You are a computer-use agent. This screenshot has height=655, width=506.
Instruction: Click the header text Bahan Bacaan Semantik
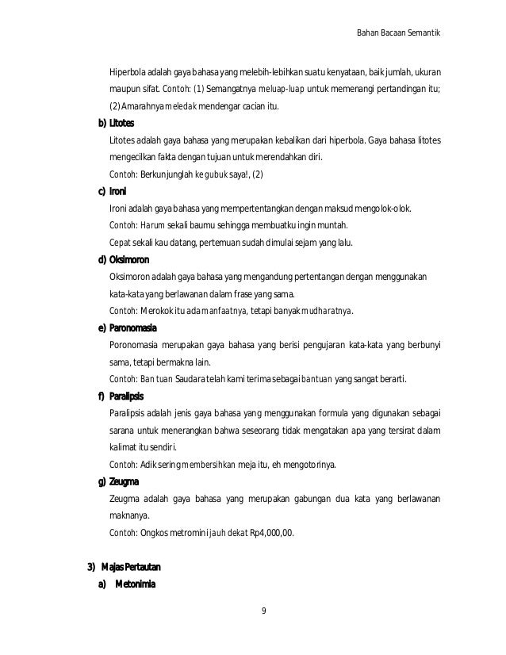click(x=400, y=33)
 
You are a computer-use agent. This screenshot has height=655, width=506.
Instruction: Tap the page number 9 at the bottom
click(x=263, y=611)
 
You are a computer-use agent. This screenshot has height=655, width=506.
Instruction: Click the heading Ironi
click(x=118, y=192)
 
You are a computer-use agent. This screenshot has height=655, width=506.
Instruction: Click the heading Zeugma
click(x=124, y=481)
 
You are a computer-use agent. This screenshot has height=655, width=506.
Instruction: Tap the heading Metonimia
click(x=136, y=585)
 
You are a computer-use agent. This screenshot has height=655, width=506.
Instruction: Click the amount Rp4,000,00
click(x=271, y=532)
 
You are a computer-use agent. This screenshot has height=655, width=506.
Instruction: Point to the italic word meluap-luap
click(x=281, y=90)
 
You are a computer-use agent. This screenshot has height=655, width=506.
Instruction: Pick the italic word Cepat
click(x=121, y=243)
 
